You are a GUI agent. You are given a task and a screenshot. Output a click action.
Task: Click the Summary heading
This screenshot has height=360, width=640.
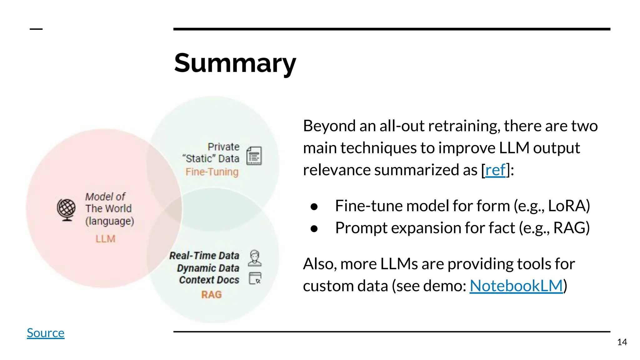235,63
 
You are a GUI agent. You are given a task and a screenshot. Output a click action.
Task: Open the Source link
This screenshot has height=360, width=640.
46,333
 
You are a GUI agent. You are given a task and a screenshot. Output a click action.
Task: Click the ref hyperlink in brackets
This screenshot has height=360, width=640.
495,170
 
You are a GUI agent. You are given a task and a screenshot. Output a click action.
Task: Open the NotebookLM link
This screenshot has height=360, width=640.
516,286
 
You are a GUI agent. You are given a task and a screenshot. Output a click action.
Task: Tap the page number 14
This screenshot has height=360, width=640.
622,342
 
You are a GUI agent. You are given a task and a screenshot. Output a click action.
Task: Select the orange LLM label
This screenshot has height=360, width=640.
105,239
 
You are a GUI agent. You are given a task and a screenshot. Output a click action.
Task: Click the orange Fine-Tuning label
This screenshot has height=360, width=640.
212,172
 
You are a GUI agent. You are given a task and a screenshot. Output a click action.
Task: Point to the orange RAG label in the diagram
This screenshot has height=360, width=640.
211,295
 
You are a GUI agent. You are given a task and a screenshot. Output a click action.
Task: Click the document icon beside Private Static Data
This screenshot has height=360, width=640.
254,156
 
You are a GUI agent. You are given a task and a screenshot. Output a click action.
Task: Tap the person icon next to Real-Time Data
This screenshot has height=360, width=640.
255,258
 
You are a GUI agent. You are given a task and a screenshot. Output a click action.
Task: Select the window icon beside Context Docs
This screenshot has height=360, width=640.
255,278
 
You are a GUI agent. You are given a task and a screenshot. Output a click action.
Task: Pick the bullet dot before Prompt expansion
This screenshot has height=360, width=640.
314,228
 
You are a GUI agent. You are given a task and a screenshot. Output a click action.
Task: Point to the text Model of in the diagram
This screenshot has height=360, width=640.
105,197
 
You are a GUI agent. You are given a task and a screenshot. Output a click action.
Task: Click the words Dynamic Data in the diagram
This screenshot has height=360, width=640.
208,268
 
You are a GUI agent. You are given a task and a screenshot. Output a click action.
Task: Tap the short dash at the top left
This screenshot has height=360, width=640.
36,29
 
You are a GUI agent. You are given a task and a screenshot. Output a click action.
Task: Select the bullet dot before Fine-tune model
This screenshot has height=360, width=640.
314,207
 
